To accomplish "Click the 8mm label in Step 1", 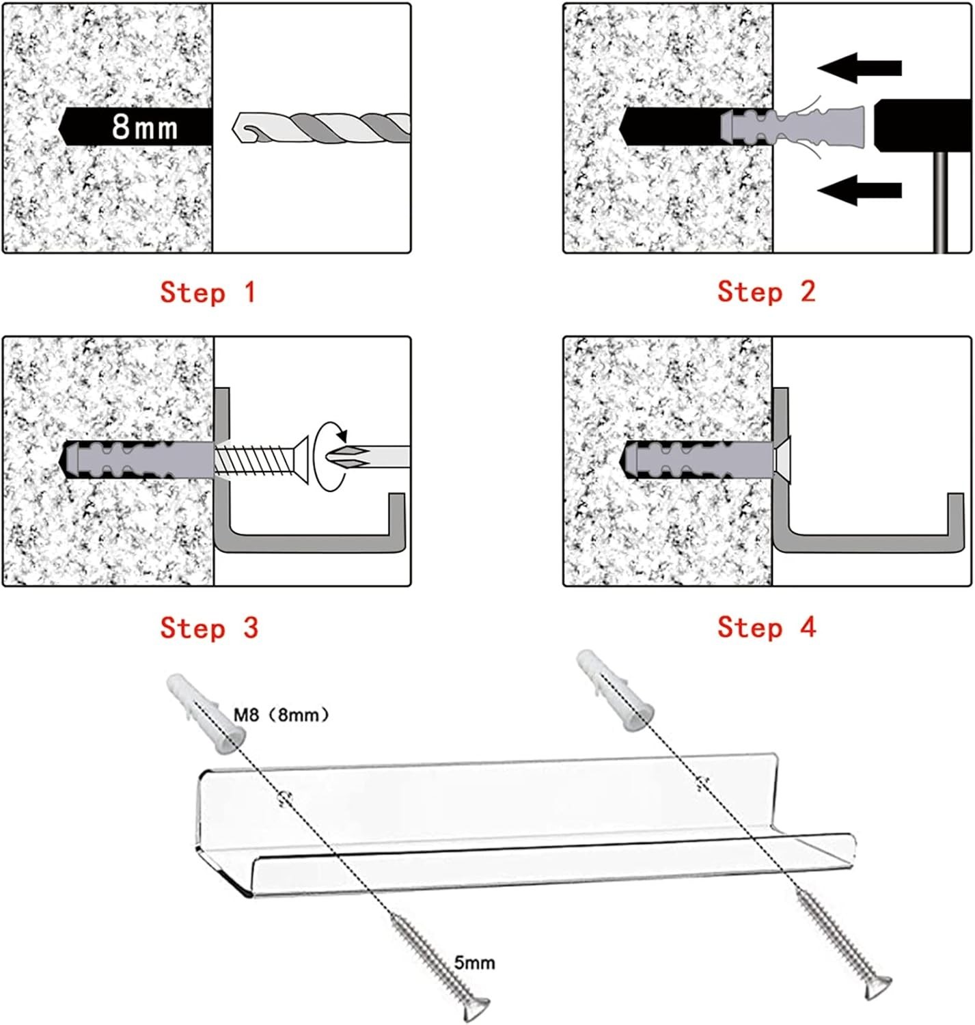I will click(144, 127).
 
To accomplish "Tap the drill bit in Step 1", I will click(321, 128).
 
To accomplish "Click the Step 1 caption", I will click(208, 292).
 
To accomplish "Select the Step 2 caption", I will click(766, 292).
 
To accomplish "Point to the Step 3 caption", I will click(209, 628).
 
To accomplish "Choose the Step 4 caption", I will click(767, 627).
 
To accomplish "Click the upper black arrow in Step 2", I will click(859, 68).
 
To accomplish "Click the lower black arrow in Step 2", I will click(859, 190).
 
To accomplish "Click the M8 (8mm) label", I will click(281, 715).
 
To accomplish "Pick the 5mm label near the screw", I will click(474, 962).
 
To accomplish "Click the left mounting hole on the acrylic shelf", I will click(284, 796).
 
